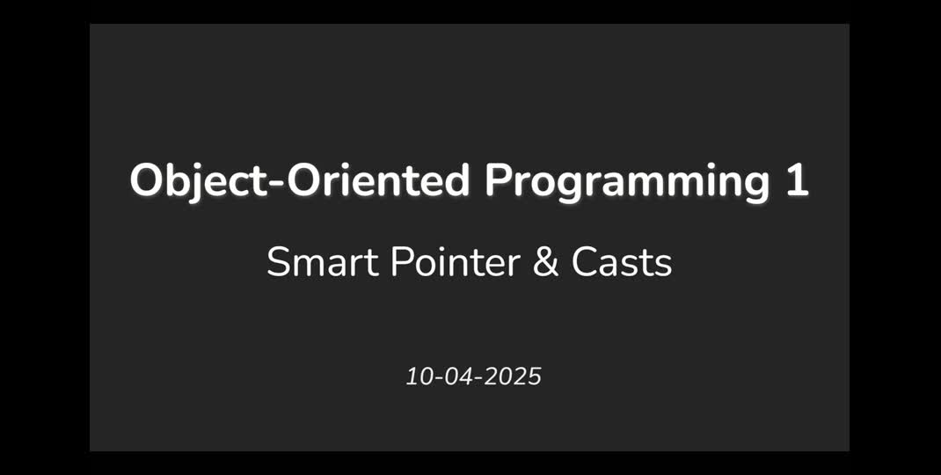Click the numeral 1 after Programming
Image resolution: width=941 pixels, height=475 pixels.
(x=796, y=181)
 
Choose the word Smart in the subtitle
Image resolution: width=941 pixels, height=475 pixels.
(x=317, y=262)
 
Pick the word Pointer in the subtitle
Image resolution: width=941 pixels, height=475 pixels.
(x=452, y=262)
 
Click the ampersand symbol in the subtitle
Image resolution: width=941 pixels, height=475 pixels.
(x=545, y=262)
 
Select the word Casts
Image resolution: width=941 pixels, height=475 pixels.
(x=622, y=262)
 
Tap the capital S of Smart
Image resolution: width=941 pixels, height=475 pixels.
(x=278, y=262)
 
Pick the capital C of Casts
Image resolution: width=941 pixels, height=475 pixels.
(x=584, y=262)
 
